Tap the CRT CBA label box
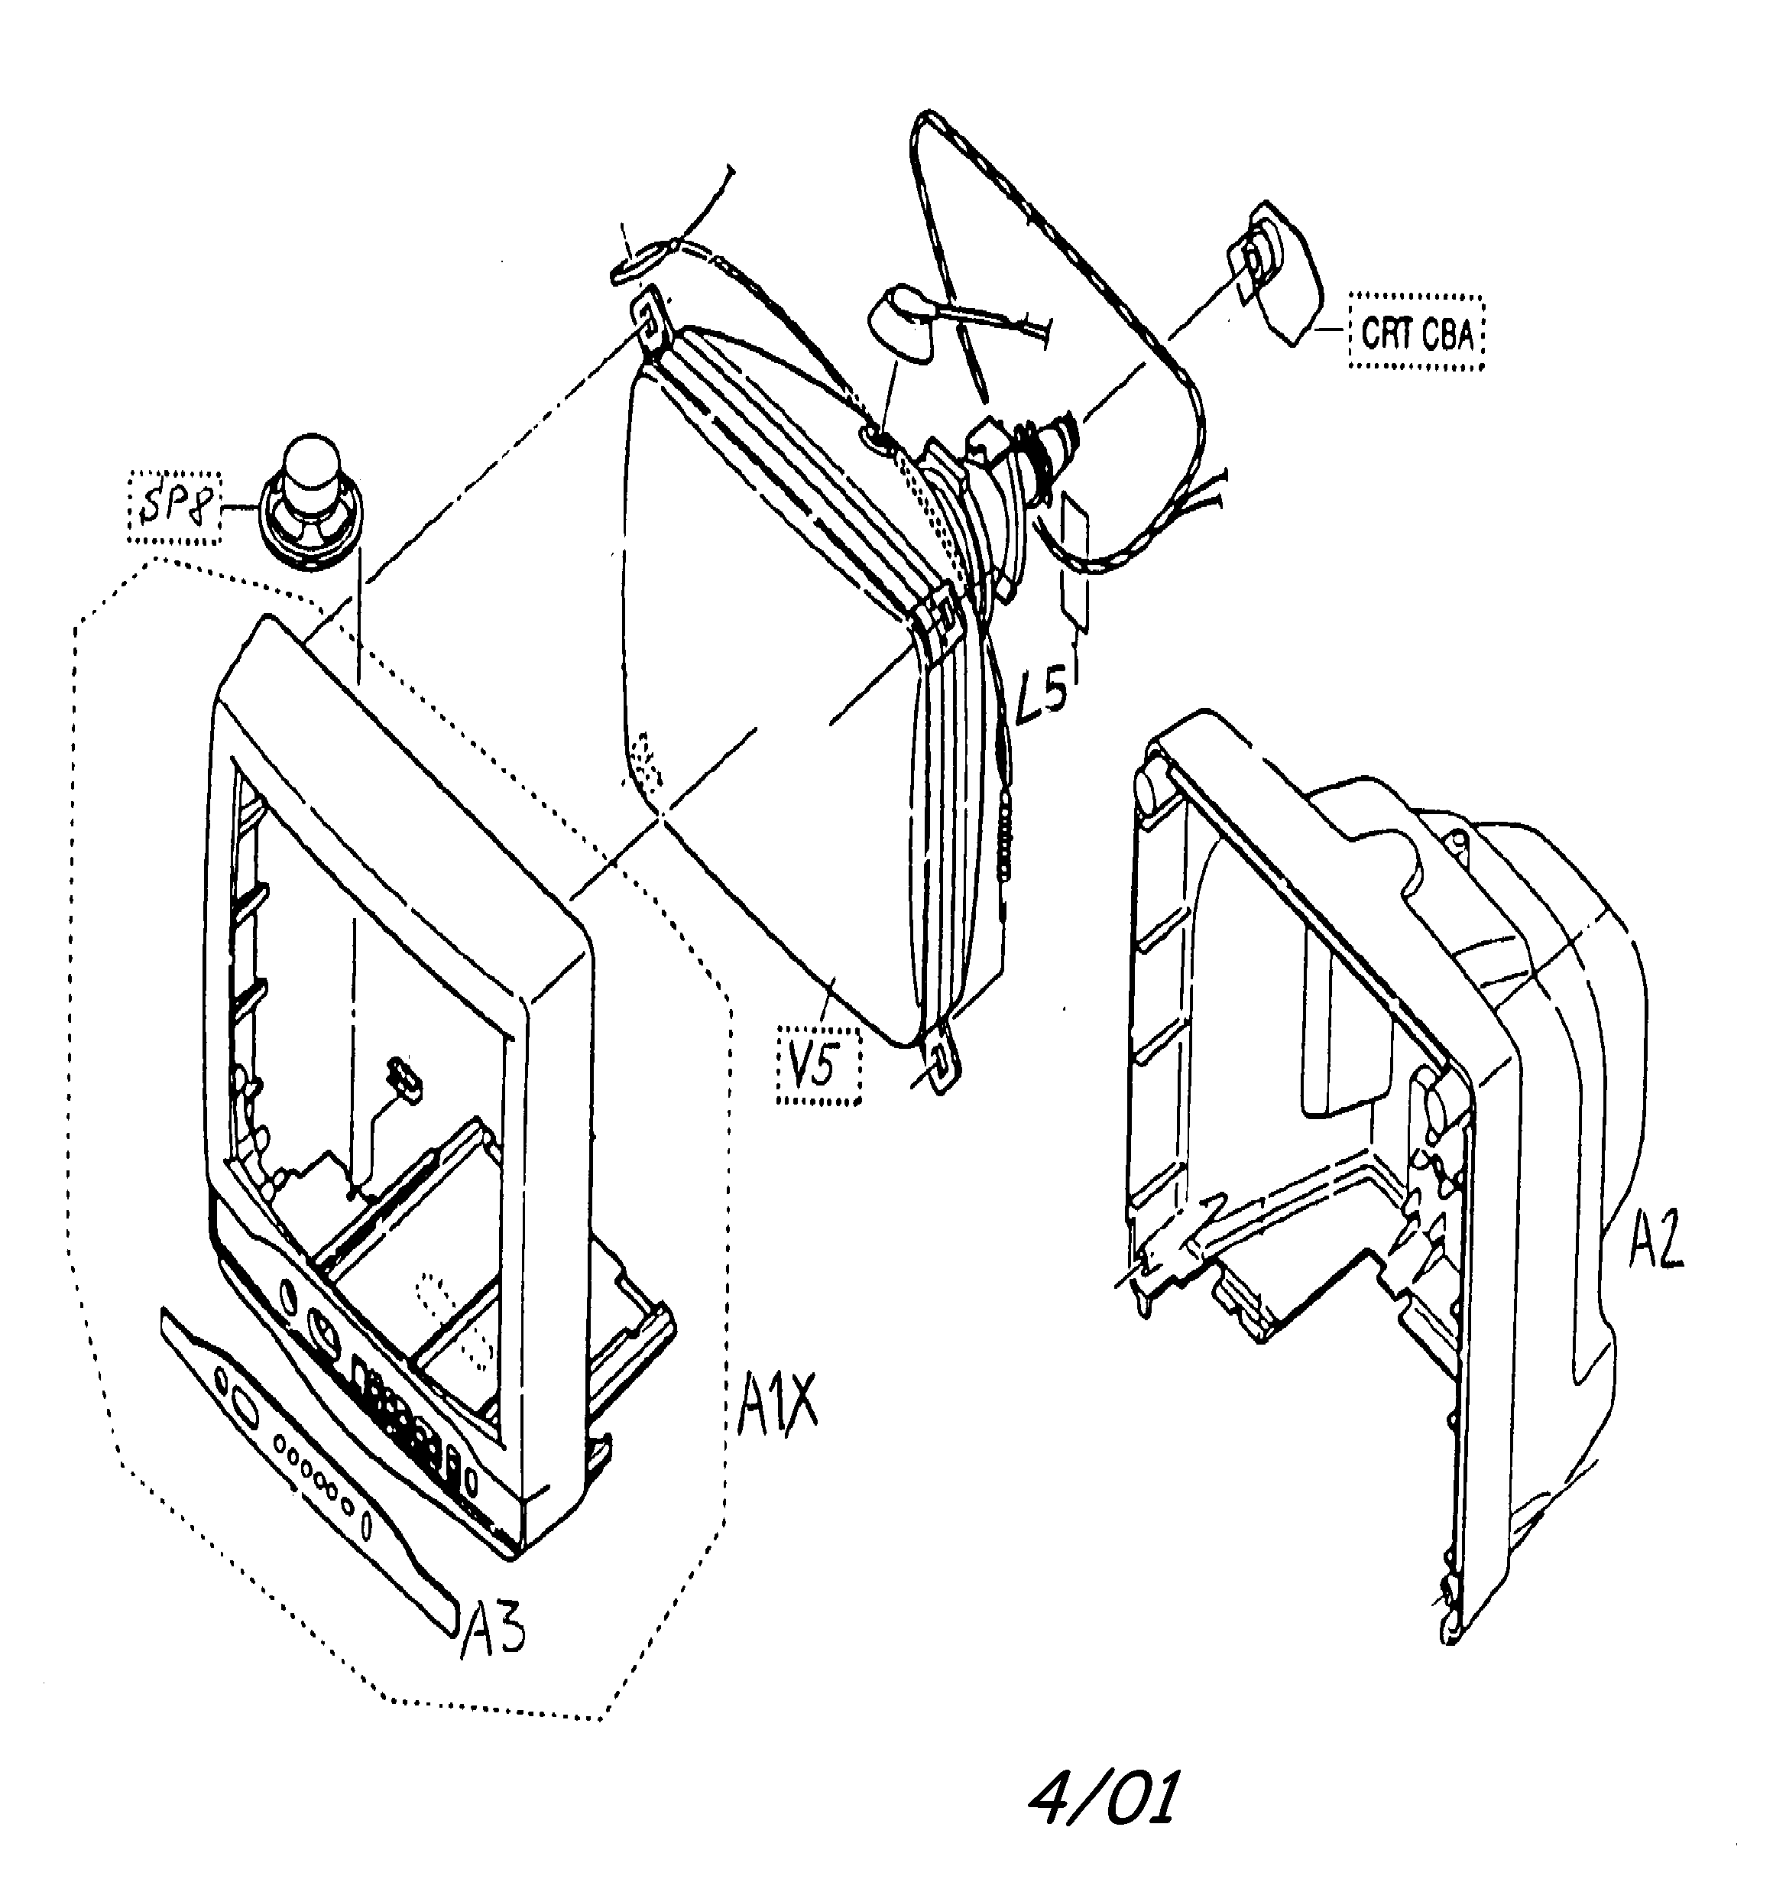[1416, 334]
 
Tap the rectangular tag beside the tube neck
[1075, 562]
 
